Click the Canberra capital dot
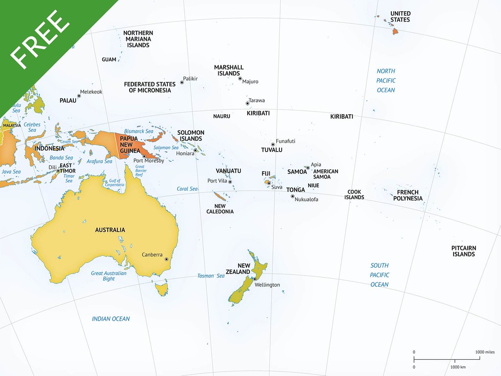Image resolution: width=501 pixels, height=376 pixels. tap(166, 259)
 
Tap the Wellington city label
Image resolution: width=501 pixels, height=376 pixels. tap(267, 285)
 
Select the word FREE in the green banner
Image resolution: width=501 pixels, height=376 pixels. tap(40, 38)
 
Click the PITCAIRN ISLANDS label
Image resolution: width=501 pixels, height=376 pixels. tap(463, 251)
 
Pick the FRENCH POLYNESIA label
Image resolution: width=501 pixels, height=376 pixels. tap(408, 195)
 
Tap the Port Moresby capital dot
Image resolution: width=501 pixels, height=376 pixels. tap(144, 156)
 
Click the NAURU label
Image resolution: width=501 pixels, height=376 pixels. tap(221, 117)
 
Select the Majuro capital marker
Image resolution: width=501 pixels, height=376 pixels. tap(240, 78)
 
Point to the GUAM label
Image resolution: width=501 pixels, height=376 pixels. tap(109, 60)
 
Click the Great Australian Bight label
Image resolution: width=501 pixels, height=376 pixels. tap(109, 276)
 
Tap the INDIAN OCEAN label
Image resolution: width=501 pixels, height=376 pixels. tap(111, 319)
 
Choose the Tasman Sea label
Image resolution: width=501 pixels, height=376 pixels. tap(211, 276)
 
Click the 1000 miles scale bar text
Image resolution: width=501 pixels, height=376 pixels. tap(485, 352)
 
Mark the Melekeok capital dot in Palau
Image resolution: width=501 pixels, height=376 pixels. tap(79, 96)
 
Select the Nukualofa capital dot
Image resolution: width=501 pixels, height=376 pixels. tap(293, 197)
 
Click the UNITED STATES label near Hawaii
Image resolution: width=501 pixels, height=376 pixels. tap(400, 17)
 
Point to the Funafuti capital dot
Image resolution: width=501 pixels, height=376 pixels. tap(273, 145)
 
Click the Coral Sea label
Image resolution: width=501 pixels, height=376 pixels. tap(187, 189)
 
